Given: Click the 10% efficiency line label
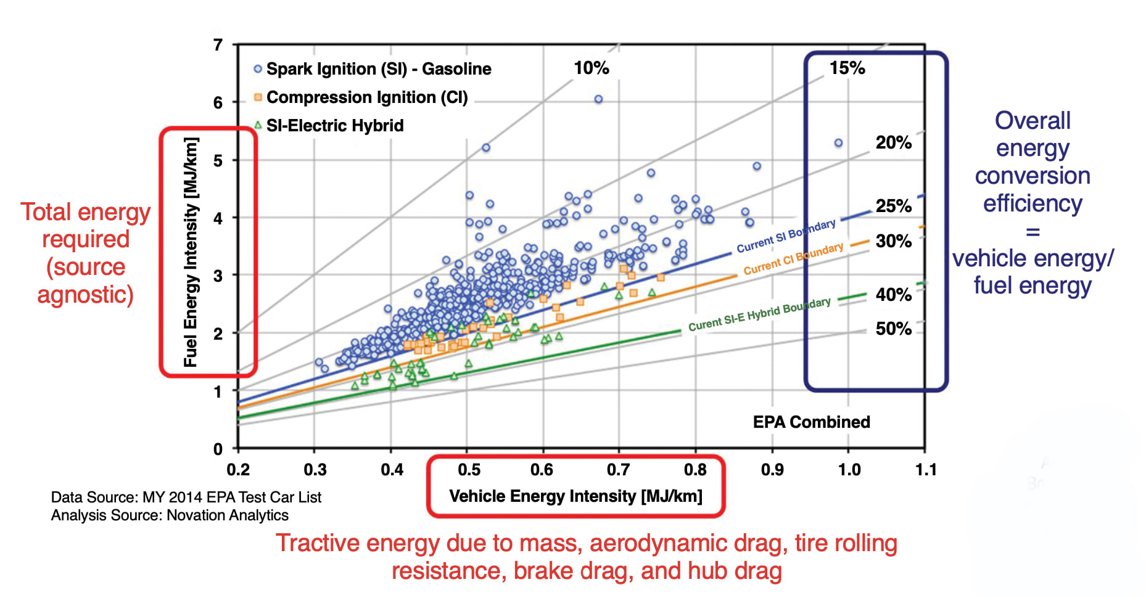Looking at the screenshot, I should click(x=591, y=68).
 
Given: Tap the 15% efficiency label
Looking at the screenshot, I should click(x=847, y=68).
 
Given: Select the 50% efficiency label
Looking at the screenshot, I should click(x=893, y=329).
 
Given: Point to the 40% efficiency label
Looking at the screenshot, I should click(x=893, y=295).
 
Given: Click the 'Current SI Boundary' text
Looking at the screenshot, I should click(x=786, y=236).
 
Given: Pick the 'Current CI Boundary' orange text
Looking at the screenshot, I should click(x=793, y=259).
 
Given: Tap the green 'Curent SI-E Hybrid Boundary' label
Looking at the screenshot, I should click(x=759, y=314).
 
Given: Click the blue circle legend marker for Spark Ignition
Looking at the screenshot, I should click(x=258, y=69).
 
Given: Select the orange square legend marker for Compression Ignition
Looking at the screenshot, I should click(x=258, y=97).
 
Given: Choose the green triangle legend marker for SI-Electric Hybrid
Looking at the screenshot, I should click(x=258, y=125).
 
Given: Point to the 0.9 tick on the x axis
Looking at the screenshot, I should click(x=772, y=470).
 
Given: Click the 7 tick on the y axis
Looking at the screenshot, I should click(x=218, y=45).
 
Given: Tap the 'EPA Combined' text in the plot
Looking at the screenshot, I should click(x=811, y=422).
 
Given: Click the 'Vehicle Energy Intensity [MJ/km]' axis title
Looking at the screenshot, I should click(x=575, y=496).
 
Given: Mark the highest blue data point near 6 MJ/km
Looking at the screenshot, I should click(x=598, y=99).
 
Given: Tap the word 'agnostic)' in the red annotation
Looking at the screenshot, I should click(x=85, y=295).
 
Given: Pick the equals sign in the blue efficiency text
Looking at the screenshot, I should click(x=1033, y=232).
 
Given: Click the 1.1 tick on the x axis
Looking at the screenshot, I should click(x=925, y=470).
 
